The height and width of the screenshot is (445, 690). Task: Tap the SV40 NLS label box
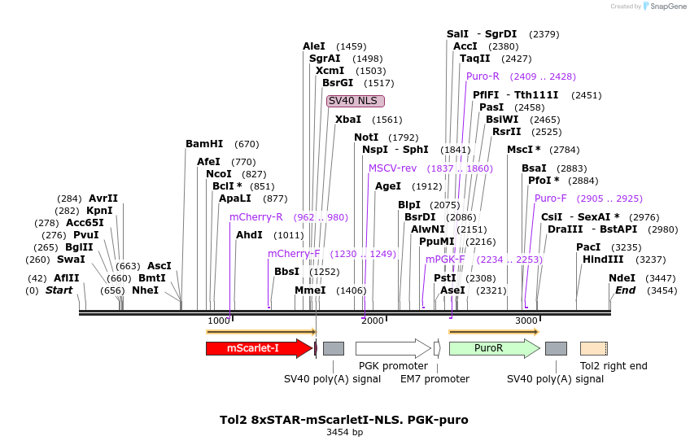(356, 101)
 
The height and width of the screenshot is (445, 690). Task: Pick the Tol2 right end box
(593, 348)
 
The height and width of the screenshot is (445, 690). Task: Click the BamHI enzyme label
(204, 144)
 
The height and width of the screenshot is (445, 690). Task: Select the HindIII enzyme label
(603, 260)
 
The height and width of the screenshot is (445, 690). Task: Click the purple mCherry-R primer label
(256, 217)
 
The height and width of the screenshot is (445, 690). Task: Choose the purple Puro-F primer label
(551, 199)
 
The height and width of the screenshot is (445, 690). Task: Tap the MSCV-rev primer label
(392, 168)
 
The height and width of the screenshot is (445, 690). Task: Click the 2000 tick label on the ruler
(373, 321)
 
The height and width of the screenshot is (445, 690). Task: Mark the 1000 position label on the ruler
(219, 321)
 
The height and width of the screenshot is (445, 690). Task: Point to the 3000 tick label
(526, 321)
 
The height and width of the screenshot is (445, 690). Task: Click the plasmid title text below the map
(344, 420)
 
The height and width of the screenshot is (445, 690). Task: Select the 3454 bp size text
(344, 432)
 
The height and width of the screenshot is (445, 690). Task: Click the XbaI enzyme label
(348, 120)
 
